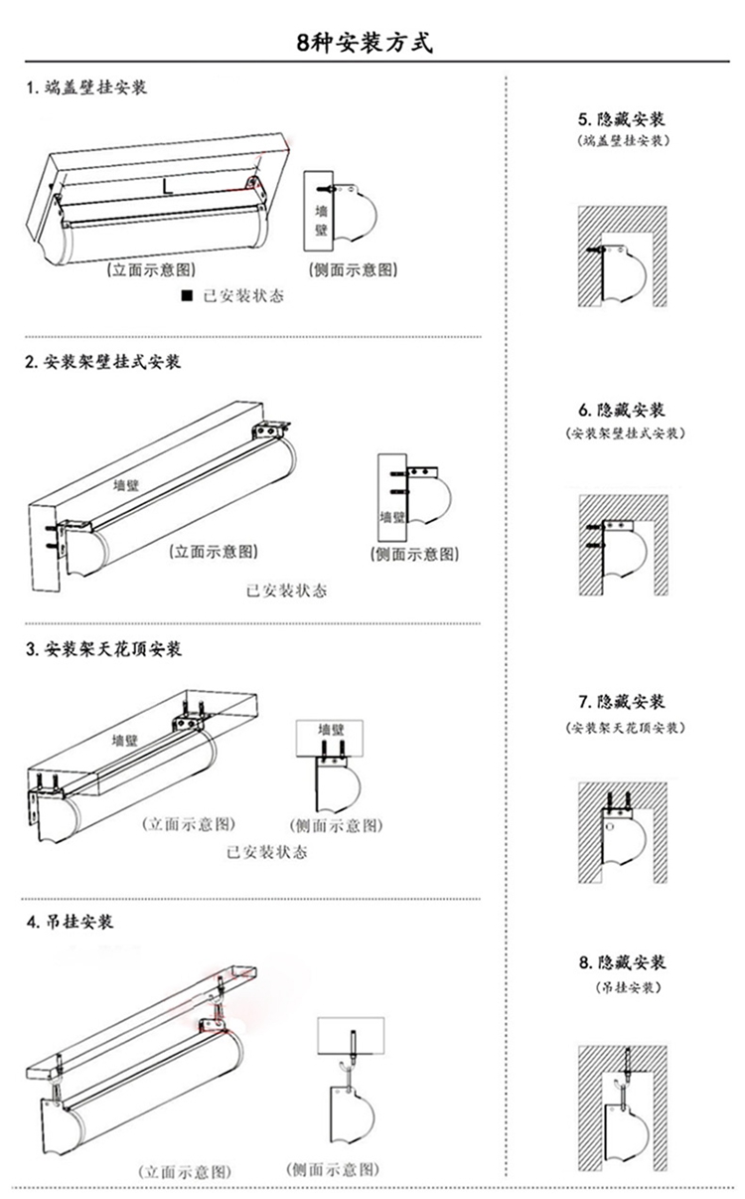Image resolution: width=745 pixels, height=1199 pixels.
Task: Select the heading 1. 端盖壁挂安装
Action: tap(86, 88)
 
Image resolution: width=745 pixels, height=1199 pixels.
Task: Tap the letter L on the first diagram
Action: tap(168, 186)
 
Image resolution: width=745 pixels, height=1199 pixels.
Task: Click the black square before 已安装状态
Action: tap(185, 296)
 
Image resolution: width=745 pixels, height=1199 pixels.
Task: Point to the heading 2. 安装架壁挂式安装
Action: tap(103, 362)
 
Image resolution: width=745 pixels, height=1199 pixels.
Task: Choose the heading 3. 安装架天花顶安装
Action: tap(103, 650)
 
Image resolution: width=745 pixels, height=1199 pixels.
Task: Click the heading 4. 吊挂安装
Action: tap(70, 922)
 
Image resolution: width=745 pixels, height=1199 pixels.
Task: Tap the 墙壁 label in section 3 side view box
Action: tap(329, 730)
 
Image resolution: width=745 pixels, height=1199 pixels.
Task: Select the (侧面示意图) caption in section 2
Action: tap(414, 554)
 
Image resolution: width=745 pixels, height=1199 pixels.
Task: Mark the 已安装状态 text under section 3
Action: tap(266, 852)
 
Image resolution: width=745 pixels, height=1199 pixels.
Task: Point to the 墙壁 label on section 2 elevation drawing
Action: tap(125, 485)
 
